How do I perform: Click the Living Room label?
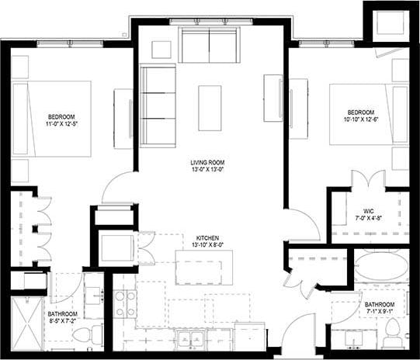[x=208, y=162]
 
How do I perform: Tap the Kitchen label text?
[x=208, y=237]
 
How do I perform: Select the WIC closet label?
[x=369, y=209]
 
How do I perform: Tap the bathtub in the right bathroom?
[x=381, y=268]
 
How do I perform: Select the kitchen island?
[x=204, y=267]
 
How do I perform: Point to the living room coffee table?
[x=210, y=108]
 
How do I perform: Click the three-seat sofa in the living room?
[x=158, y=105]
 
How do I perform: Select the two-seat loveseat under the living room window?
[x=210, y=45]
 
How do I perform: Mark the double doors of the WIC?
[x=369, y=180]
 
